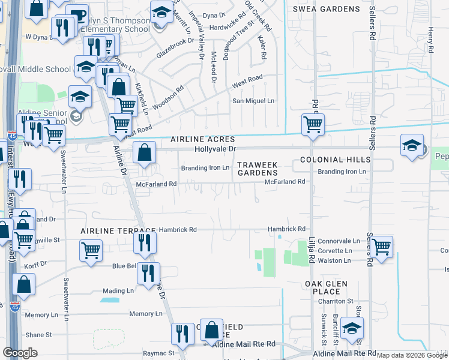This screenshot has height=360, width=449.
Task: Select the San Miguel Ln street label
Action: pos(253,101)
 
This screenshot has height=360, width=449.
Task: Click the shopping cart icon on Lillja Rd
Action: pos(313,125)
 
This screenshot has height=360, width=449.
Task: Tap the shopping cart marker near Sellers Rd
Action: pos(381,246)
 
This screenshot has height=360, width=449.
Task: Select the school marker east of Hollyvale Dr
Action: pos(412,146)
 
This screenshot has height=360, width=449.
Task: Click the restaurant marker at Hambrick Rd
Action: pos(145,242)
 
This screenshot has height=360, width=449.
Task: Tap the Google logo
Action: pos(20,353)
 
